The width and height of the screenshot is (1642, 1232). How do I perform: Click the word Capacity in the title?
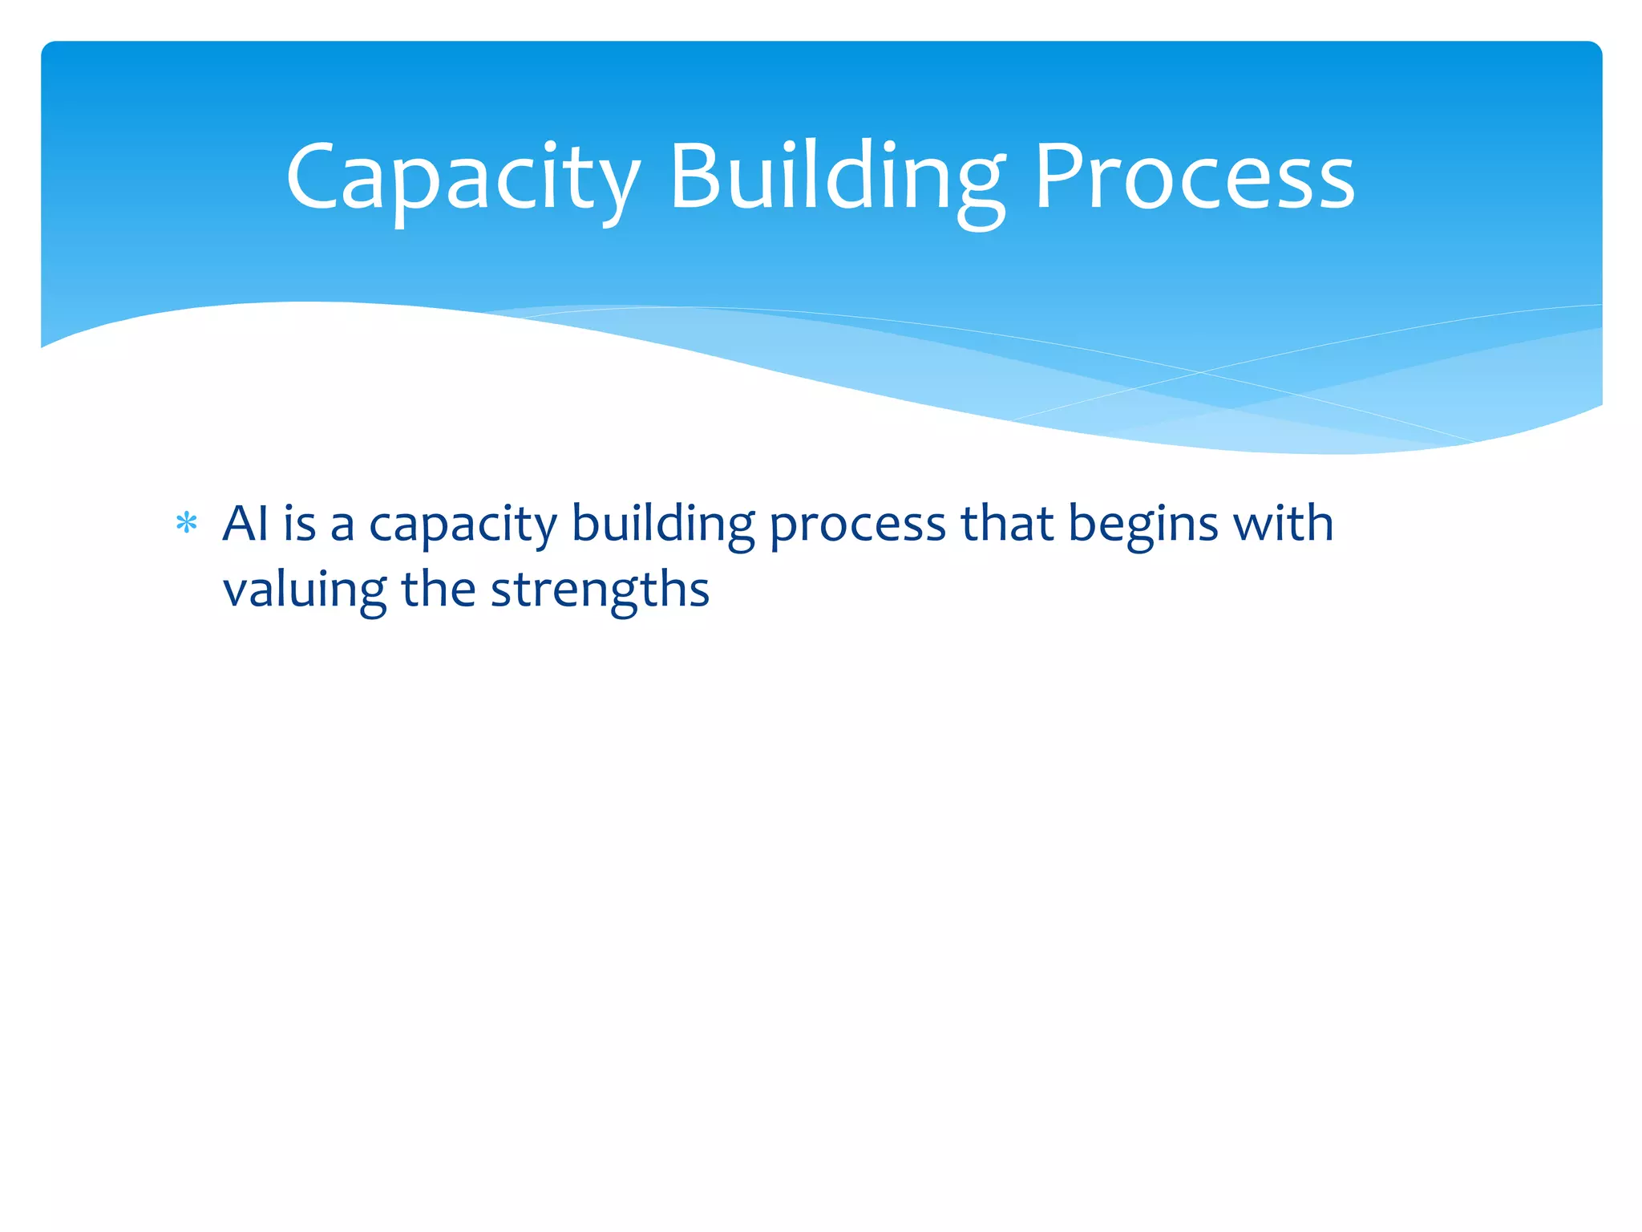pyautogui.click(x=463, y=178)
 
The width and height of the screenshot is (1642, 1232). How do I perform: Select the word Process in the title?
pyautogui.click(x=1194, y=178)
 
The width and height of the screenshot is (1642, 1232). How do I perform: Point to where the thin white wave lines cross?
pyautogui.click(x=1200, y=372)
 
